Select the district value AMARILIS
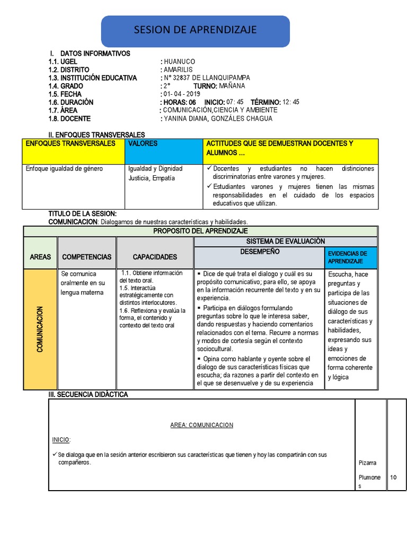pos(178,70)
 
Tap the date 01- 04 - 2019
pos(180,94)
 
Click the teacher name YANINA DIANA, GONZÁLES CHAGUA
pos(218,119)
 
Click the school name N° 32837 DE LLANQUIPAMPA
pos(207,78)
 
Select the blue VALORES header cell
pos(163,151)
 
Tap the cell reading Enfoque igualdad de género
pos(65,169)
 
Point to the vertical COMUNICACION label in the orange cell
pos(40,329)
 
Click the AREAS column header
pos(40,257)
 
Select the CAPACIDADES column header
pos(155,257)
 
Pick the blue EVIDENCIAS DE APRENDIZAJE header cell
pos(350,258)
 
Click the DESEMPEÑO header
pos(260,252)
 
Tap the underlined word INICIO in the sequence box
pos(61,440)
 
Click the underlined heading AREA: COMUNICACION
pos(201,425)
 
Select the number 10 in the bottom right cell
pos(394,477)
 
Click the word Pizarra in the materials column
pos(368,463)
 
